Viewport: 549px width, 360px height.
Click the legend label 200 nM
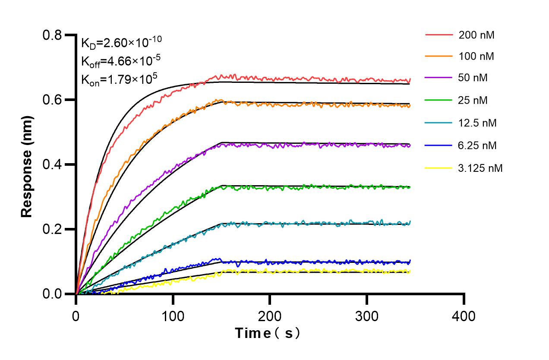476,35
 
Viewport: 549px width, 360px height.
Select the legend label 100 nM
476,56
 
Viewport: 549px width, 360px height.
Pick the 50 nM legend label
473,78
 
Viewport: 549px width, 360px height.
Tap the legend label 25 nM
473,101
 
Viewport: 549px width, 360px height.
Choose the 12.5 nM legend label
478,123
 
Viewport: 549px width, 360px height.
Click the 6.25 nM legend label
478,145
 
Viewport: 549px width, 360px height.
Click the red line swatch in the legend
439,35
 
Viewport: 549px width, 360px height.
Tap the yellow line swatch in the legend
439,168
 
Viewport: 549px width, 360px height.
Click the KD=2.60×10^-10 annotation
121,43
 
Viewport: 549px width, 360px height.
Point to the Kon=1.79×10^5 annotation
119,79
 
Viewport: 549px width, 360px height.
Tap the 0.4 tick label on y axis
52,164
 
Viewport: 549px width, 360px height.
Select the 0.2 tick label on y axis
52,229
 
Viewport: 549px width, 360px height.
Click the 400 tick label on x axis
464,316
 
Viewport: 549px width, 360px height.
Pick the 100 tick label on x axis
173,316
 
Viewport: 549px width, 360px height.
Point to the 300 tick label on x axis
367,316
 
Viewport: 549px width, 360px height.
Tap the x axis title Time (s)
268,334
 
